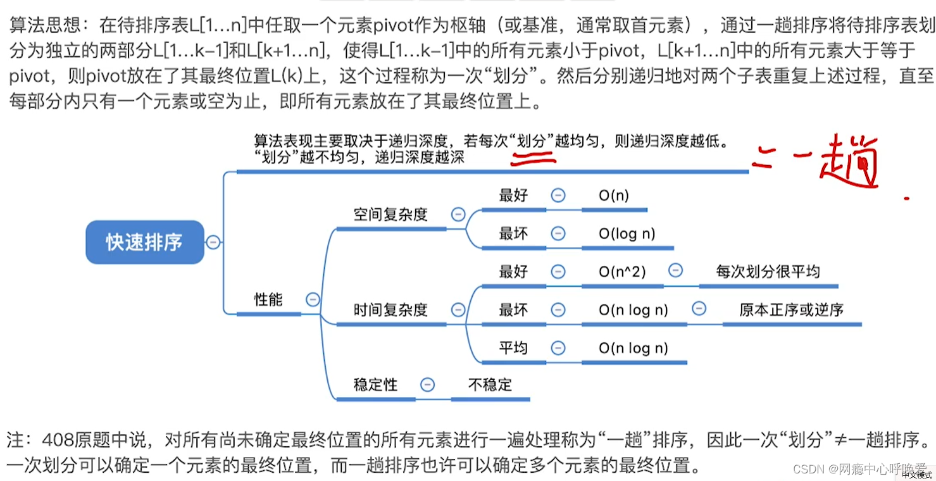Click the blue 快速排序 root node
(x=144, y=242)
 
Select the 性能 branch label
(x=268, y=299)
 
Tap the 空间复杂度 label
(x=390, y=215)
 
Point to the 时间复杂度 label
(x=390, y=309)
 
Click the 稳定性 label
(x=375, y=384)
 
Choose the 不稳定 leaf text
(x=490, y=384)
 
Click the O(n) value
(x=614, y=196)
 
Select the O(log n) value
(x=627, y=234)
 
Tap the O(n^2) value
(x=622, y=272)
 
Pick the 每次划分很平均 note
(x=768, y=272)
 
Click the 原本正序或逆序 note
(x=791, y=309)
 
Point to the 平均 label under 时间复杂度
(x=513, y=347)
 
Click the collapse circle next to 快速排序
(x=214, y=242)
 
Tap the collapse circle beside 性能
(x=312, y=299)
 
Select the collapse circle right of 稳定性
(x=428, y=384)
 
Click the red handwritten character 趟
(x=848, y=161)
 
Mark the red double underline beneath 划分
(x=534, y=159)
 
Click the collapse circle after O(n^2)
(x=676, y=271)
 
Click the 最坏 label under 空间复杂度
(x=513, y=234)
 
